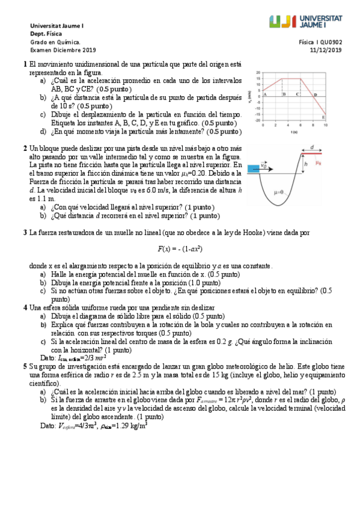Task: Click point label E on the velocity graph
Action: click(x=323, y=117)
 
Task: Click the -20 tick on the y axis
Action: click(x=258, y=120)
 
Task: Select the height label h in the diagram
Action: click(x=305, y=164)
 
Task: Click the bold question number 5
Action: click(x=24, y=365)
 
